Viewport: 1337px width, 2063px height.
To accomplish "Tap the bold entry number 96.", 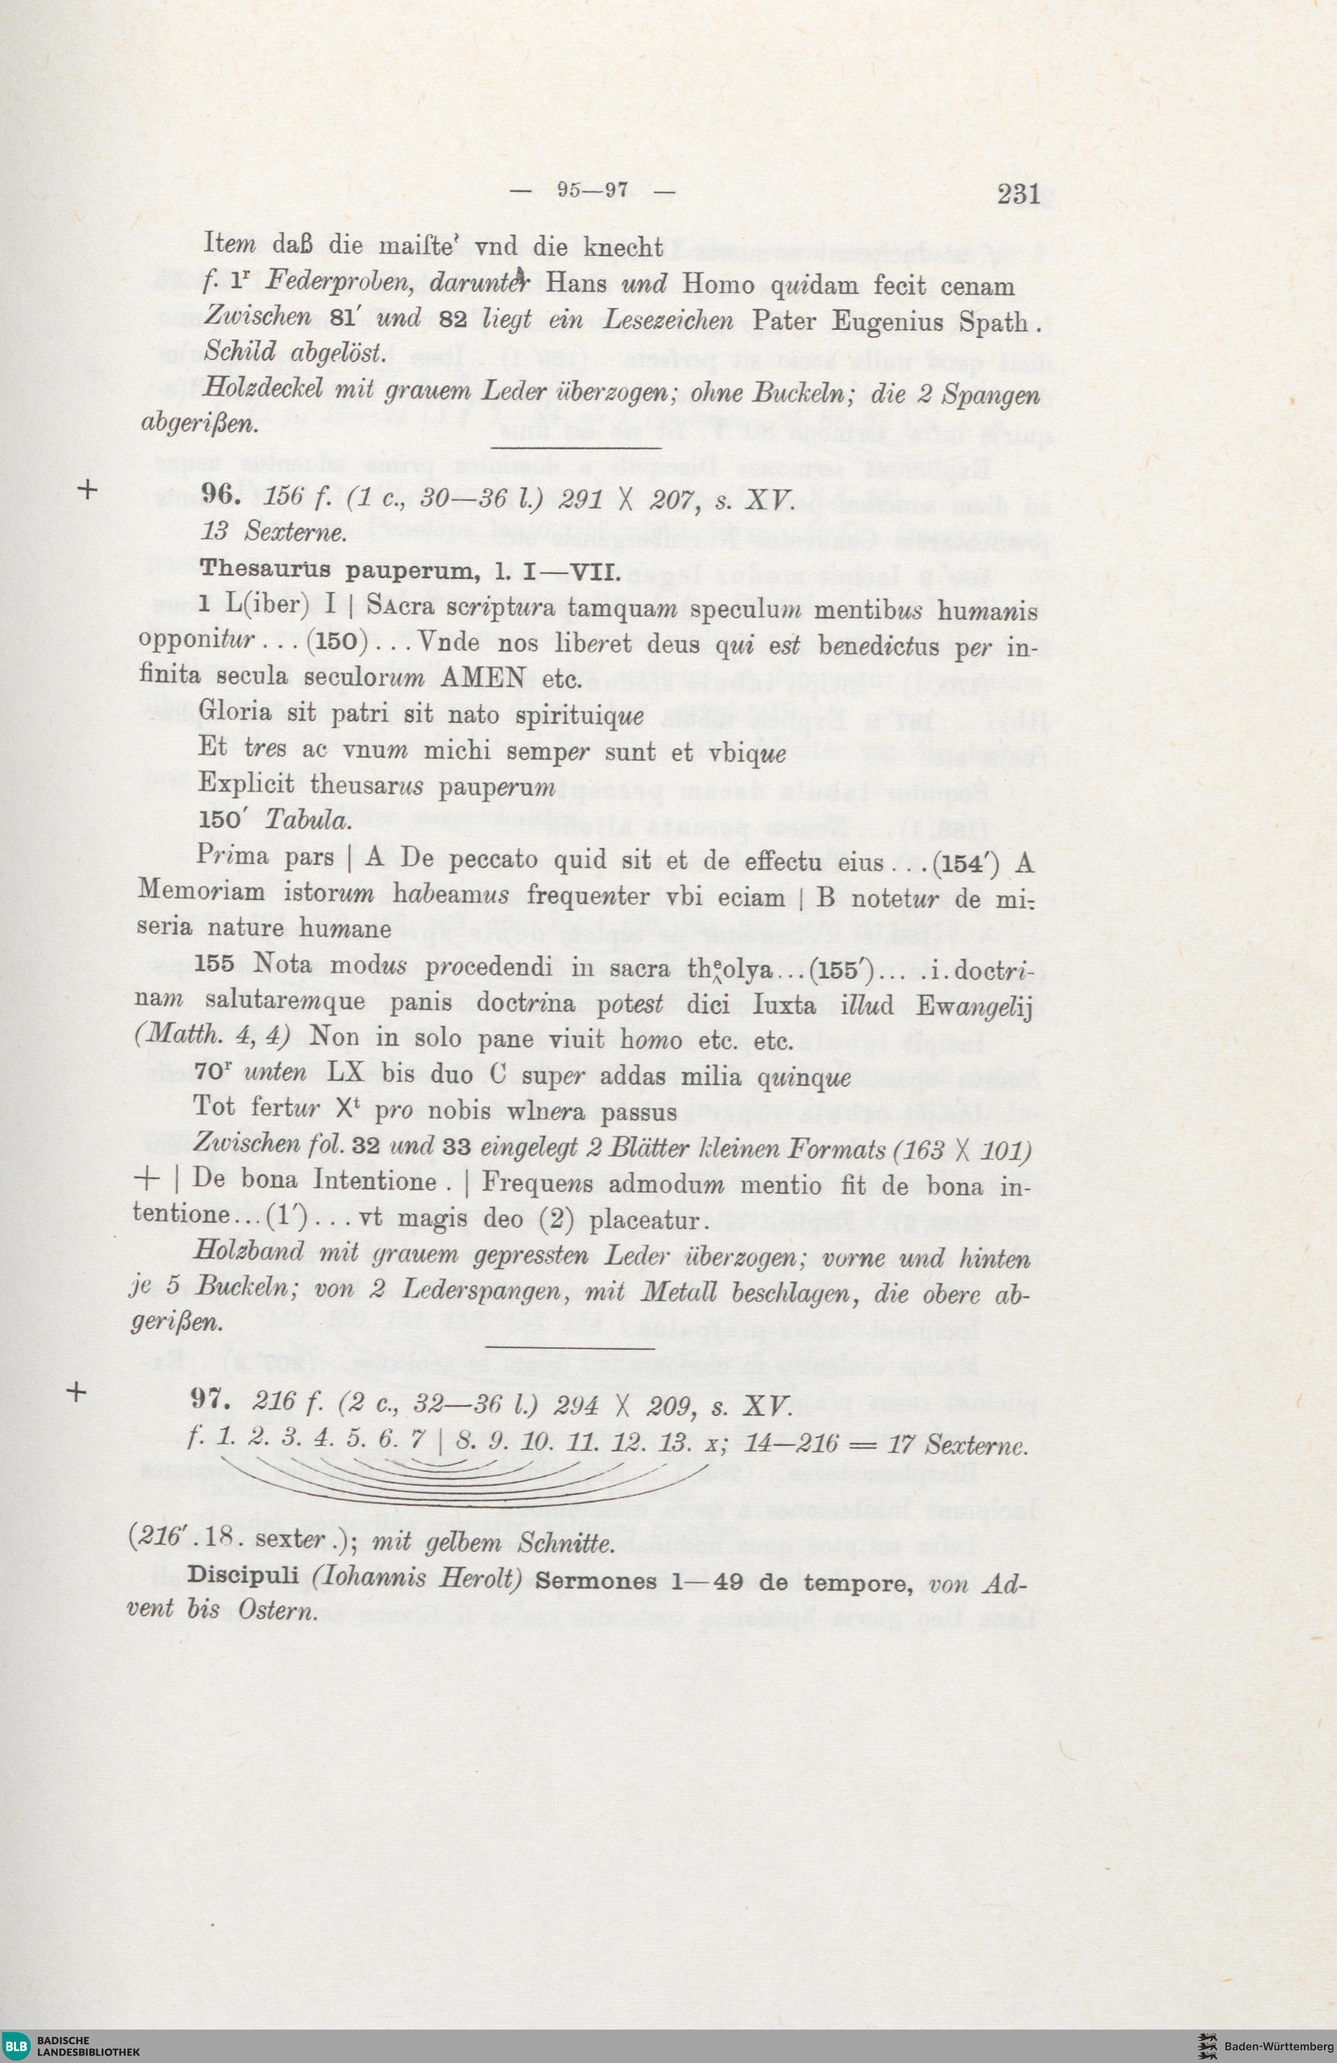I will (x=218, y=494).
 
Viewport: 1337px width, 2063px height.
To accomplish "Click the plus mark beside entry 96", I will (x=88, y=490).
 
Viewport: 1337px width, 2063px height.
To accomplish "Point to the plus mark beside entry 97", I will (x=77, y=1393).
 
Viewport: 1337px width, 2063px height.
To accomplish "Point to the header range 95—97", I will (x=592, y=190).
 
